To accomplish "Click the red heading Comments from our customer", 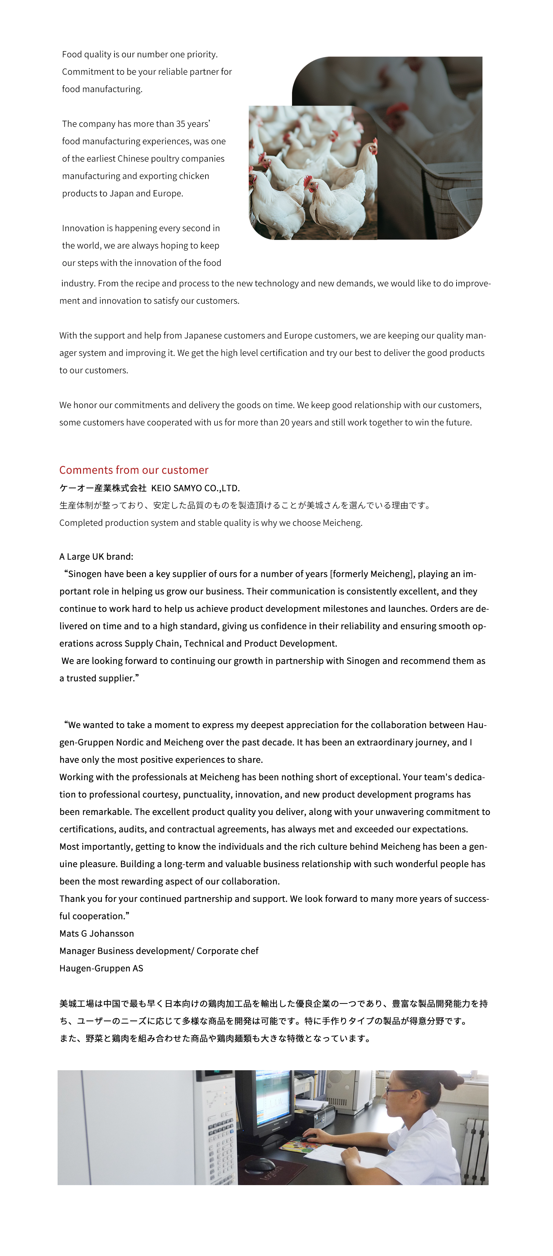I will click(x=134, y=470).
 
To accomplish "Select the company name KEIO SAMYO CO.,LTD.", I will click(x=195, y=488).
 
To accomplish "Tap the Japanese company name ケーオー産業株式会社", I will click(x=103, y=488).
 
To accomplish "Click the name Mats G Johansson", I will click(x=96, y=933).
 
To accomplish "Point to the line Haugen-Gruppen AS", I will click(x=101, y=968).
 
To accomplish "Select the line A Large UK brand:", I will click(x=96, y=556).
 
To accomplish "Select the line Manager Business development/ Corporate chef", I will click(x=159, y=951).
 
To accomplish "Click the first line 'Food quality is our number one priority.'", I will click(x=140, y=54).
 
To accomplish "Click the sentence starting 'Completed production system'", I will click(x=211, y=523).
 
